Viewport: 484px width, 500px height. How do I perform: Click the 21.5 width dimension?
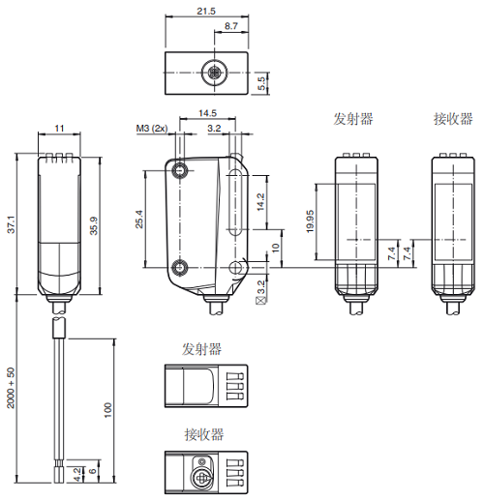205,12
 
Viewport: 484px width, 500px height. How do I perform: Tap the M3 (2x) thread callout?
152,128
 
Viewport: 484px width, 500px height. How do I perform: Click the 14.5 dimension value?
207,113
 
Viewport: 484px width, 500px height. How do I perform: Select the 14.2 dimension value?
260,202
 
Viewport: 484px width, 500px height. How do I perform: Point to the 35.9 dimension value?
93,224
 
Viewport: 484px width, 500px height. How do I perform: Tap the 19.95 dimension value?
309,221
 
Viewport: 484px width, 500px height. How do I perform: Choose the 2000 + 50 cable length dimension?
11,388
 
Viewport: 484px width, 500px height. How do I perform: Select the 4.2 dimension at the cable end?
77,473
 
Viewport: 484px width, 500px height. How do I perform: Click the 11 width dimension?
59,128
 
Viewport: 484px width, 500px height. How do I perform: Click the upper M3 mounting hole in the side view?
181,171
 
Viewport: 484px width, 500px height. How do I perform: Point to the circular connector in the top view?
211,73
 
